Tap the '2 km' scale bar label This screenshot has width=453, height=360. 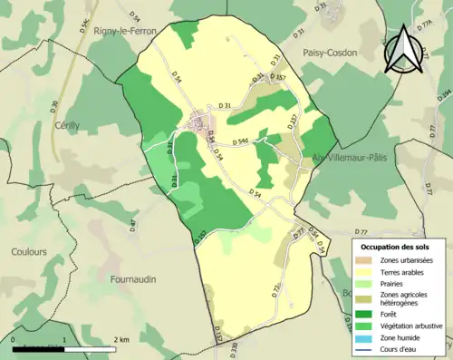pos(123,339)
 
